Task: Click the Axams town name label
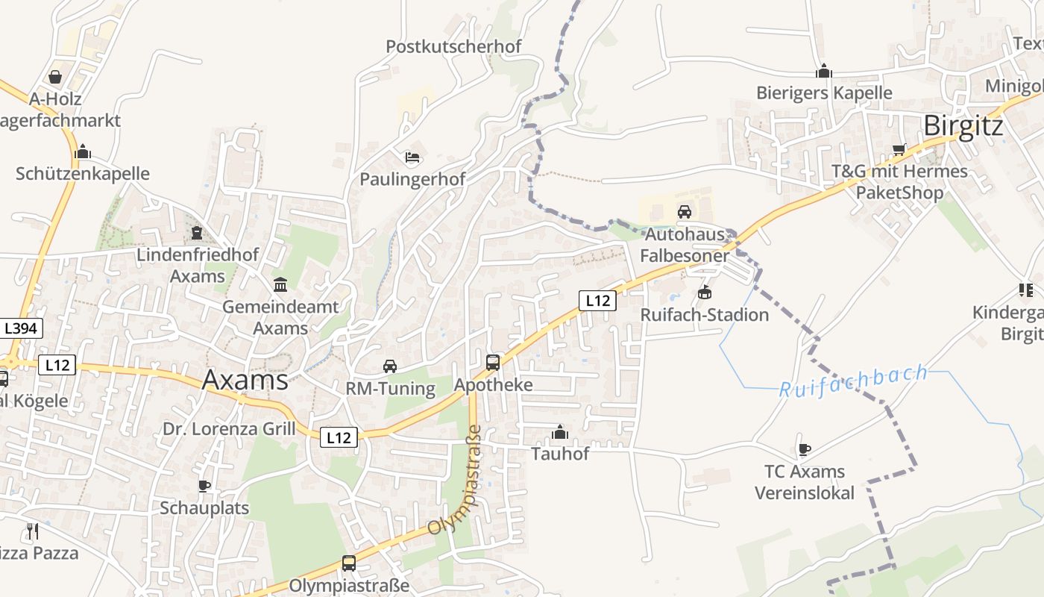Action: [245, 380]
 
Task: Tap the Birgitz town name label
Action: [963, 126]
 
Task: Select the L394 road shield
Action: [20, 328]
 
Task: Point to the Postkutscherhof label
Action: [453, 46]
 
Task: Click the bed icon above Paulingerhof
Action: [412, 157]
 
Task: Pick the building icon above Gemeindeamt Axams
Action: [280, 284]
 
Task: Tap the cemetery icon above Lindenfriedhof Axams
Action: [197, 233]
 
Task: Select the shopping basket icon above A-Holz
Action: [55, 77]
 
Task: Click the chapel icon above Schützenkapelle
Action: [83, 152]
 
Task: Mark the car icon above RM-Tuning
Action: [390, 366]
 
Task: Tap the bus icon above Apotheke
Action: [493, 363]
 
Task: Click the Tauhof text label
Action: [560, 454]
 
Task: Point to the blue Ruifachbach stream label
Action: [854, 381]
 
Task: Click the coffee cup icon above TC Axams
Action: [804, 449]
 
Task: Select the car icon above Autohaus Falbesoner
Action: [685, 212]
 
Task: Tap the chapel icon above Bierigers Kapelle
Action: [824, 71]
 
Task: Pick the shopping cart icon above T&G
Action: [899, 149]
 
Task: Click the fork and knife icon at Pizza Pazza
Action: [32, 531]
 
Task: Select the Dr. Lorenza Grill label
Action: [229, 429]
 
